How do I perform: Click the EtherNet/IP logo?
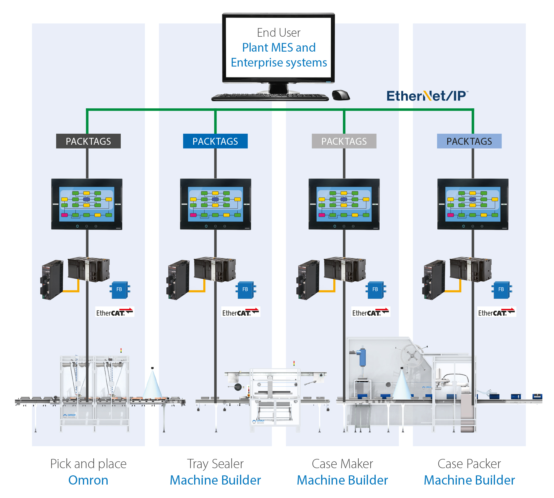coord(427,96)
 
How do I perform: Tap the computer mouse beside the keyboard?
coord(341,95)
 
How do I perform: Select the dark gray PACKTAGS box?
coord(88,141)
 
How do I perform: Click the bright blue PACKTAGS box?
coord(215,141)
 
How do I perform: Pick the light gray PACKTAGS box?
coord(344,141)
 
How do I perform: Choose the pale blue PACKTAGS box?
coord(469,141)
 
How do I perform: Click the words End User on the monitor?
coord(278,33)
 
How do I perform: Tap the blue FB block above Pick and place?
coord(119,289)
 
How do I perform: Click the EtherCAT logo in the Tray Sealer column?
coord(240,312)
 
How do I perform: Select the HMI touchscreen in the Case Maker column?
coord(344,204)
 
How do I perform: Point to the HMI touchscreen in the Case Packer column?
coord(473,204)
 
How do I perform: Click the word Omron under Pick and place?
coord(88,480)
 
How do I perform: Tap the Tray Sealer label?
coord(215,464)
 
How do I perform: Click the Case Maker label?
coord(342,464)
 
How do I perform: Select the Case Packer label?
coord(469,464)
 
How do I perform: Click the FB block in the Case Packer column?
coord(501,289)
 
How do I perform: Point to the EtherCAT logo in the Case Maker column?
coord(370,312)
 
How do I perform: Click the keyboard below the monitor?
coord(270,97)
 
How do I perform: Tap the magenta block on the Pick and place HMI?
coord(64,215)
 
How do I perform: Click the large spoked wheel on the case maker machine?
coord(412,355)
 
